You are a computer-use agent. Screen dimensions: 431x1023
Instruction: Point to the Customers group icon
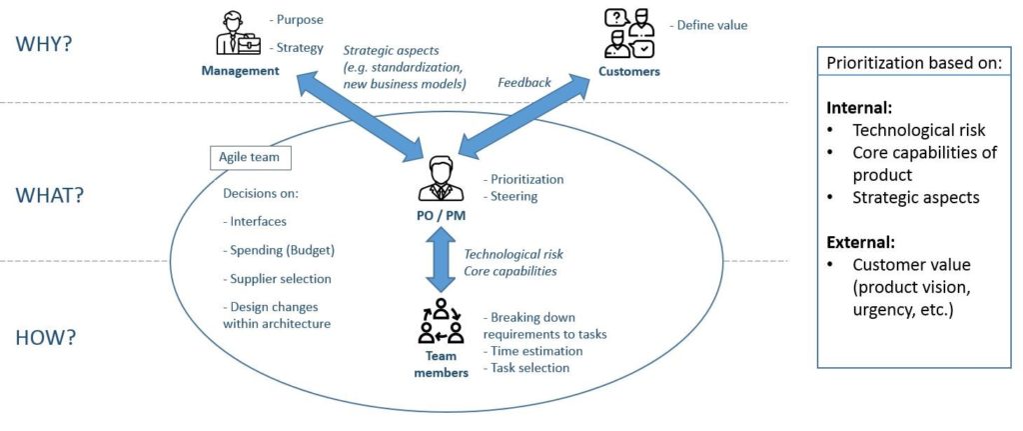pyautogui.click(x=629, y=34)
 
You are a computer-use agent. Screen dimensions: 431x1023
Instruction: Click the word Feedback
pyautogui.click(x=524, y=83)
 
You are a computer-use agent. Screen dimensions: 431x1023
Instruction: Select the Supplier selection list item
pyautogui.click(x=275, y=279)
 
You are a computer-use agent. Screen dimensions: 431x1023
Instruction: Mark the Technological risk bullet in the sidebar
pyautogui.click(x=918, y=130)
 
